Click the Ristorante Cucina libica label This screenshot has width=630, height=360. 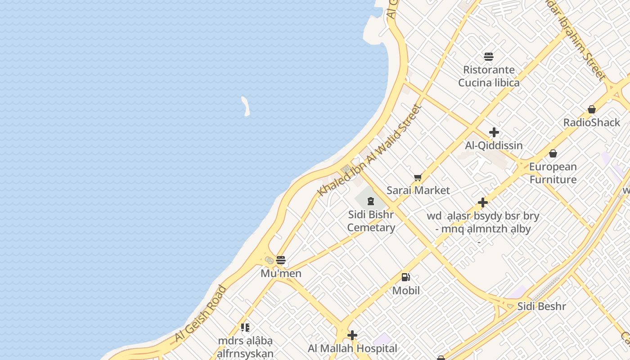point(489,76)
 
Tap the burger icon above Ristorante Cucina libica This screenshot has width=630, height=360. point(489,57)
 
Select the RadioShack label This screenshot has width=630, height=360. point(592,122)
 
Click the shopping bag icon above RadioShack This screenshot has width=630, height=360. point(592,109)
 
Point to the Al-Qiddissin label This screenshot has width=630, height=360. point(494,145)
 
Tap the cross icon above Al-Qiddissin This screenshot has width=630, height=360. point(494,132)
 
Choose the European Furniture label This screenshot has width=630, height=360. point(553,173)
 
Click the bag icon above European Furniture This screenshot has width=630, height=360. point(553,153)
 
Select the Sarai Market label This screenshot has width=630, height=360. point(418,190)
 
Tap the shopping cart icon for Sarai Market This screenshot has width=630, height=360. point(418,178)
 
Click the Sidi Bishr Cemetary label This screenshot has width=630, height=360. point(371,221)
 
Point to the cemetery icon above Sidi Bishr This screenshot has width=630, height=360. point(371,201)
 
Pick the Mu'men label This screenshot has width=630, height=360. point(281,273)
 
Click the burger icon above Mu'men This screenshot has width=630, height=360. point(281,260)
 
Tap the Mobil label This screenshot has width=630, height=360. point(406,291)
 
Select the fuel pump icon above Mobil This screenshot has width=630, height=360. point(406,277)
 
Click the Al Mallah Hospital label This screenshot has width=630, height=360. point(352,348)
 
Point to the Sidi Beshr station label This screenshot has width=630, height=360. point(541,306)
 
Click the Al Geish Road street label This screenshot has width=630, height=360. point(200,313)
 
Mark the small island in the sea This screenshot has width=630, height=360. point(246,106)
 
